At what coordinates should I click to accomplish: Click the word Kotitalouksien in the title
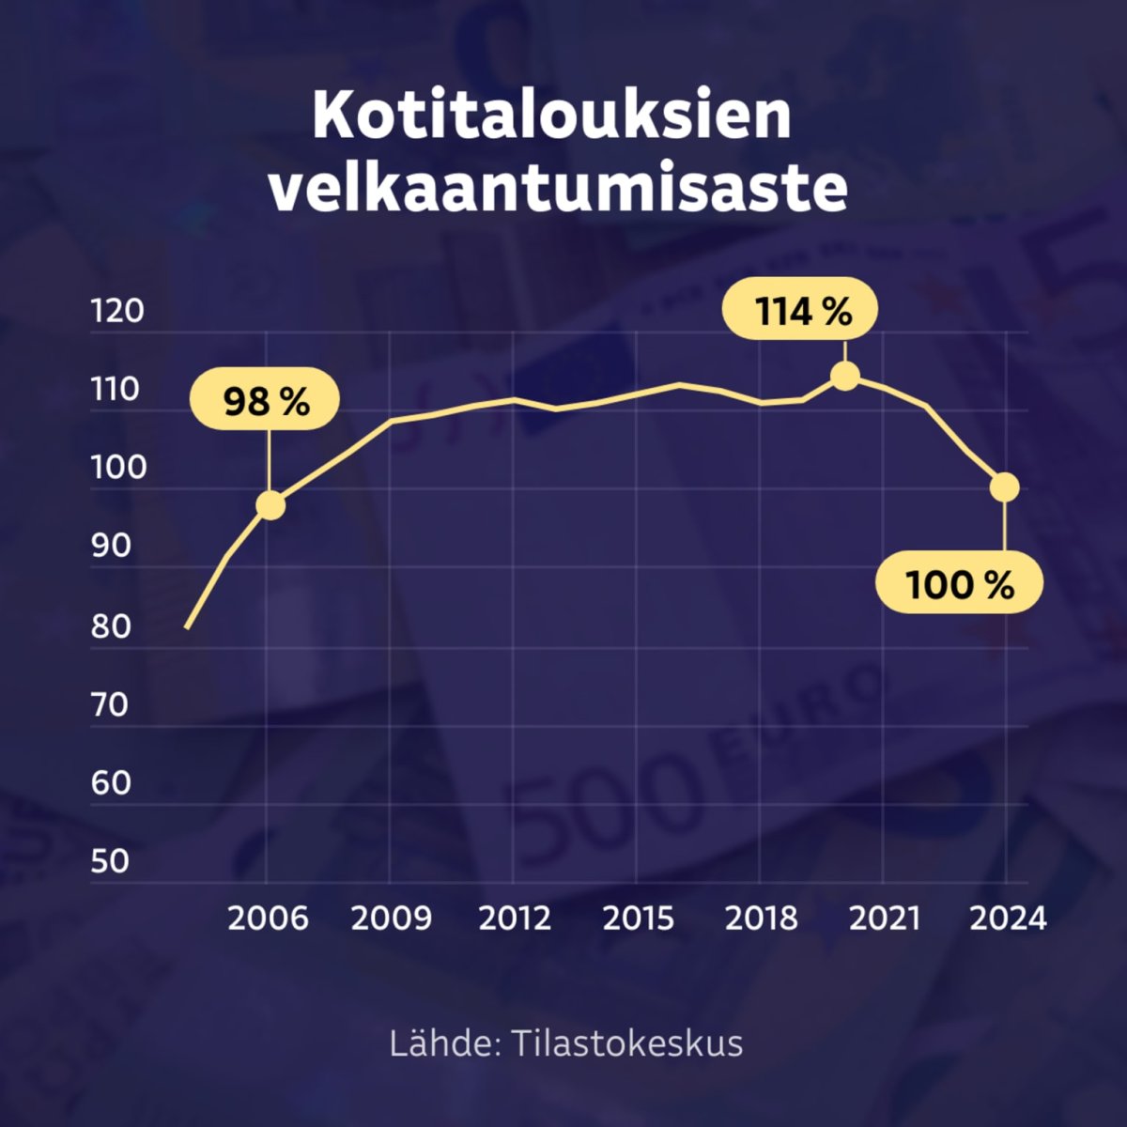click(552, 115)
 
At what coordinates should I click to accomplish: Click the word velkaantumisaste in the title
click(558, 187)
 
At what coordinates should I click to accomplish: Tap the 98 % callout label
click(266, 402)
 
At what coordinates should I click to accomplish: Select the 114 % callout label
click(801, 309)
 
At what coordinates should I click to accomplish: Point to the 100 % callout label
click(959, 584)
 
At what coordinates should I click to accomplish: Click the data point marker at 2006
click(270, 505)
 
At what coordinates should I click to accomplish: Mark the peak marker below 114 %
click(845, 377)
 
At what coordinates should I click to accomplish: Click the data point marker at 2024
click(1005, 486)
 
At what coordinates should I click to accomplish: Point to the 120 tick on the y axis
click(118, 311)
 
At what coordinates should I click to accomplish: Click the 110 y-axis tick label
click(116, 389)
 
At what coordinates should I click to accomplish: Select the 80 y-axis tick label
click(111, 626)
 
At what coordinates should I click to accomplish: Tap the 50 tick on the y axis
click(111, 861)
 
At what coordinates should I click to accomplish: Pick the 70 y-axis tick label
click(111, 704)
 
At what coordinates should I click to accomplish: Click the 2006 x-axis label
click(268, 918)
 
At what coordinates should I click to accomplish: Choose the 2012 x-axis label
click(515, 918)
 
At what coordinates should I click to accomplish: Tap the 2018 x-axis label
click(761, 918)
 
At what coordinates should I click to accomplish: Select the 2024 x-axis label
click(1008, 918)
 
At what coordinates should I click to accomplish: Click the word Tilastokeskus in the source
click(627, 1043)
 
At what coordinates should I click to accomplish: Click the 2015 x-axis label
click(638, 918)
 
